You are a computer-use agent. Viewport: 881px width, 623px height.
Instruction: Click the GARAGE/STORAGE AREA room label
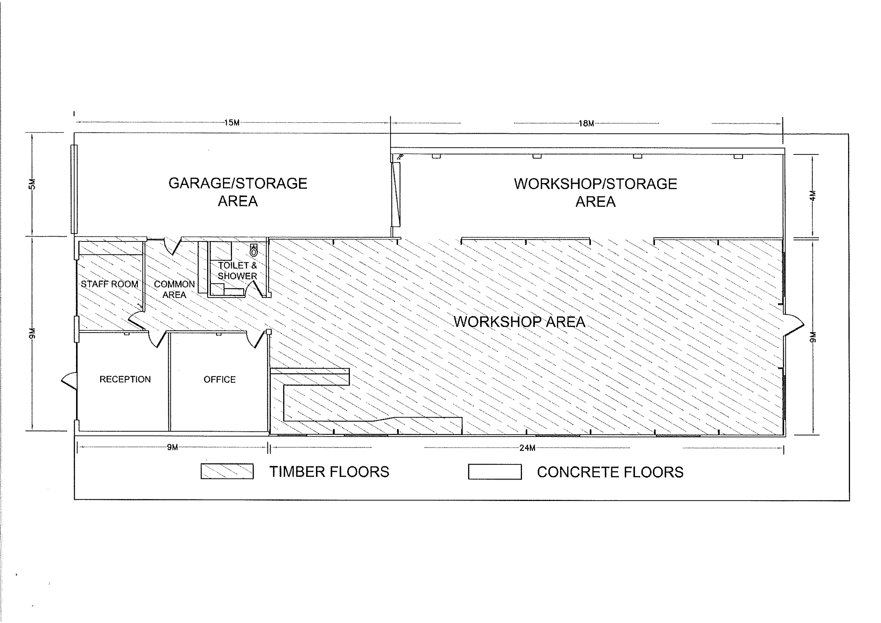(238, 192)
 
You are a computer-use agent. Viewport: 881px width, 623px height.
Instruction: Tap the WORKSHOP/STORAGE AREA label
(596, 192)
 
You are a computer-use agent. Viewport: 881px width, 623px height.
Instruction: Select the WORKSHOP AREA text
(519, 322)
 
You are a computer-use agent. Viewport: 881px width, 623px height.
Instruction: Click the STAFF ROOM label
(109, 284)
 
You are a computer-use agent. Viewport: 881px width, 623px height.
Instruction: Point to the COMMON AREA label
(174, 290)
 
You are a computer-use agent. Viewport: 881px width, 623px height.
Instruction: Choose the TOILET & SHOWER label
(237, 271)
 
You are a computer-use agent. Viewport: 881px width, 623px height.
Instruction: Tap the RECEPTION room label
(125, 379)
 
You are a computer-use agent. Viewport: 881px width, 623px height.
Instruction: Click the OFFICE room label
(219, 379)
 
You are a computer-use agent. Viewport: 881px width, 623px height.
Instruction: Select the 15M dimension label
(232, 123)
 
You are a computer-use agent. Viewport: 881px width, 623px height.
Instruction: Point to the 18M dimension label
(586, 123)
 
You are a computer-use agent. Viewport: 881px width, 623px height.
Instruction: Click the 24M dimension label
(527, 447)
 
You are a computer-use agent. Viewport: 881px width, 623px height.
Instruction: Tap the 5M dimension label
(33, 184)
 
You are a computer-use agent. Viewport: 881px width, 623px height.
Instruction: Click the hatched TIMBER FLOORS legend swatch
(227, 471)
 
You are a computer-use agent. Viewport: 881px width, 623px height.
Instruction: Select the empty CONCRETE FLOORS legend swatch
(495, 472)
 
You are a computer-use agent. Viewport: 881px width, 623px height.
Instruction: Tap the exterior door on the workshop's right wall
(794, 326)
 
